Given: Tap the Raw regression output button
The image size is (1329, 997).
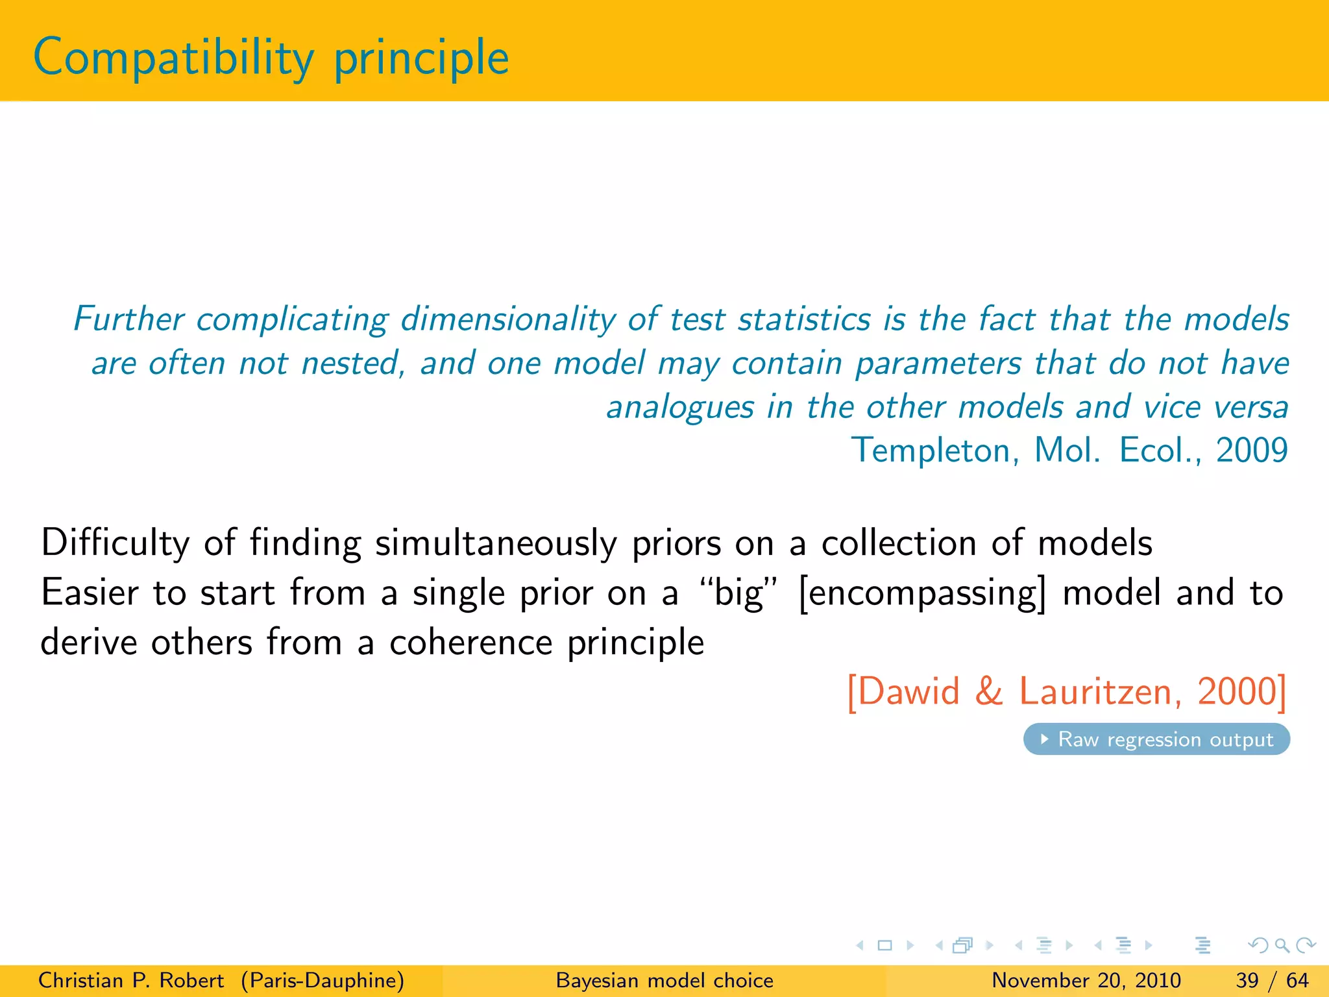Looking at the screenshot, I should click(1156, 739).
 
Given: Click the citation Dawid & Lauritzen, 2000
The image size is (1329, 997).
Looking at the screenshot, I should click(1067, 691).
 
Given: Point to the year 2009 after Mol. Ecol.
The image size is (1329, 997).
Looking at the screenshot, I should click(1251, 450).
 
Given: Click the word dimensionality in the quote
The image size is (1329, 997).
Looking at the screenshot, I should click(507, 320).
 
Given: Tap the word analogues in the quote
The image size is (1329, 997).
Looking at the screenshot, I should click(679, 408).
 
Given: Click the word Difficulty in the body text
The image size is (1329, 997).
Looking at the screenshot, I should click(115, 543).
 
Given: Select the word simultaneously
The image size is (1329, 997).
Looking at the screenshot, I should click(496, 544).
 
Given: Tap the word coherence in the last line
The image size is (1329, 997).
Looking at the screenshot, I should click(470, 643).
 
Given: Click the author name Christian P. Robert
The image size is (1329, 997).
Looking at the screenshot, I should click(131, 980).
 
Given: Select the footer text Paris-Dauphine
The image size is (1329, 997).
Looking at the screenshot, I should click(323, 980).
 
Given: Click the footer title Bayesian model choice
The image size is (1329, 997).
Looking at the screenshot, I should click(664, 980).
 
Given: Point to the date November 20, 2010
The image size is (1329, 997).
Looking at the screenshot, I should click(1086, 980).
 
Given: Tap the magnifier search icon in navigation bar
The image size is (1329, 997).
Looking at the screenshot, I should click(1282, 945).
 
